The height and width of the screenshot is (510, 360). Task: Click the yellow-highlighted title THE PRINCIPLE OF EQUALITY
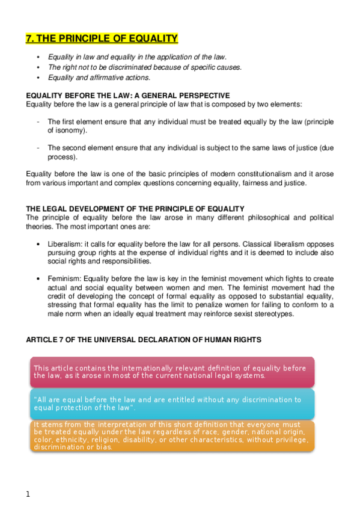(x=102, y=39)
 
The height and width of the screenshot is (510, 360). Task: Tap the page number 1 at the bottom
(x=28, y=494)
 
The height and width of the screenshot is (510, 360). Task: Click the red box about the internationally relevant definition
(x=171, y=372)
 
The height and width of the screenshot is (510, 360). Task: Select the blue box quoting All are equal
(x=171, y=404)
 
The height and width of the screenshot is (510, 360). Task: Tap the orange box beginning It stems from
(x=171, y=435)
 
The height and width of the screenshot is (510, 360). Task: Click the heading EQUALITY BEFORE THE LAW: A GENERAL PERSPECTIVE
(x=127, y=96)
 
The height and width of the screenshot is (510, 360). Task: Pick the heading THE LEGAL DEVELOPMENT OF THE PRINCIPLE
(x=135, y=209)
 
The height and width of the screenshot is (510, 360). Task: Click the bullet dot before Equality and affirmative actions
(x=38, y=78)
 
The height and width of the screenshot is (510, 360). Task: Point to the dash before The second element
(x=38, y=147)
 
